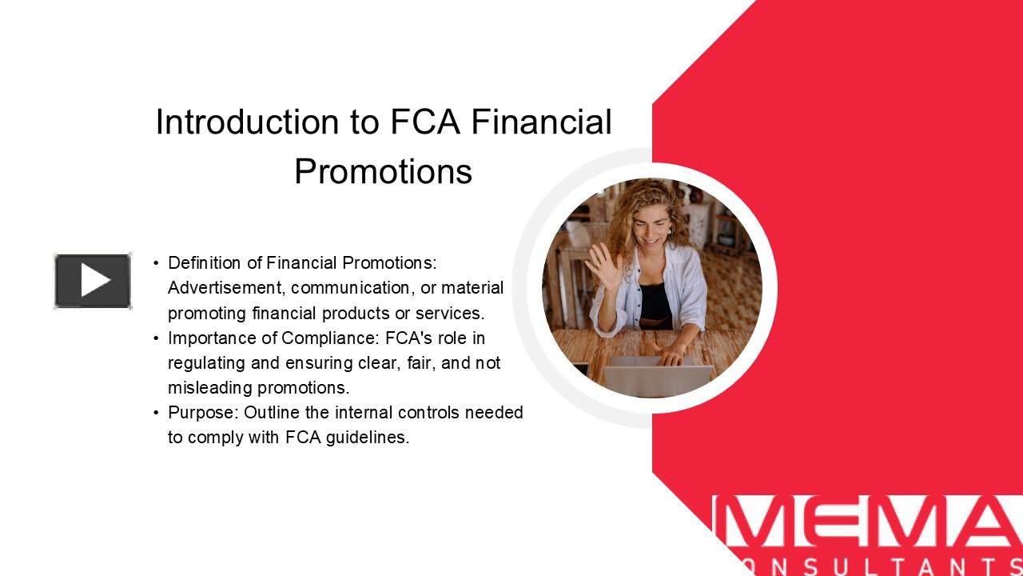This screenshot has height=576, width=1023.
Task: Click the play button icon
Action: point(93,281)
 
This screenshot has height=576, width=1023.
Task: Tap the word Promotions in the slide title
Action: point(383,171)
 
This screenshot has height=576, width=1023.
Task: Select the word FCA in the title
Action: point(426,122)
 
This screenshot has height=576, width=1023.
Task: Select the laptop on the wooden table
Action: point(657,380)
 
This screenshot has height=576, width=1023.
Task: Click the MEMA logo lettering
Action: point(867,524)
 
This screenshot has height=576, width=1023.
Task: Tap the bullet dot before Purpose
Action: point(157,413)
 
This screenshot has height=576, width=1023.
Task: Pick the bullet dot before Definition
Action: point(157,262)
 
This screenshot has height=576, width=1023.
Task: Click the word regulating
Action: point(207,362)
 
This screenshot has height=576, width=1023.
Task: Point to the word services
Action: point(455,313)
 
